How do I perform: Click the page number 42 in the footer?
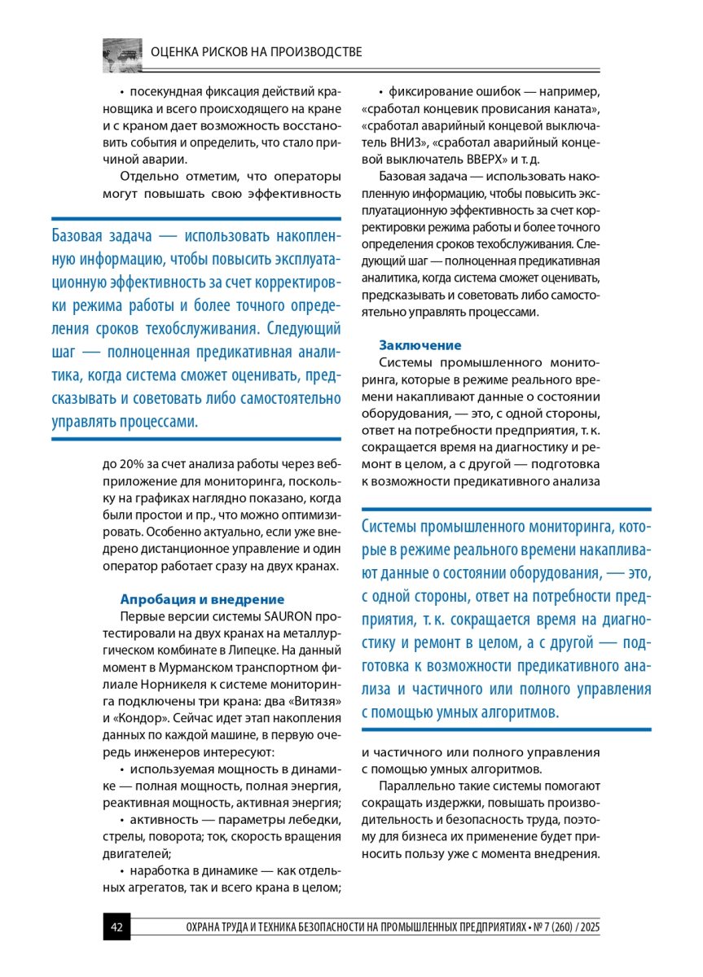click(116, 927)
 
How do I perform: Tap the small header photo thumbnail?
click(122, 53)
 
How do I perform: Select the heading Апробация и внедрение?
click(202, 598)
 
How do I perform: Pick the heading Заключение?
click(420, 344)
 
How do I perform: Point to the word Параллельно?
click(422, 786)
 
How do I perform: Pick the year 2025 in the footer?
click(587, 928)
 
